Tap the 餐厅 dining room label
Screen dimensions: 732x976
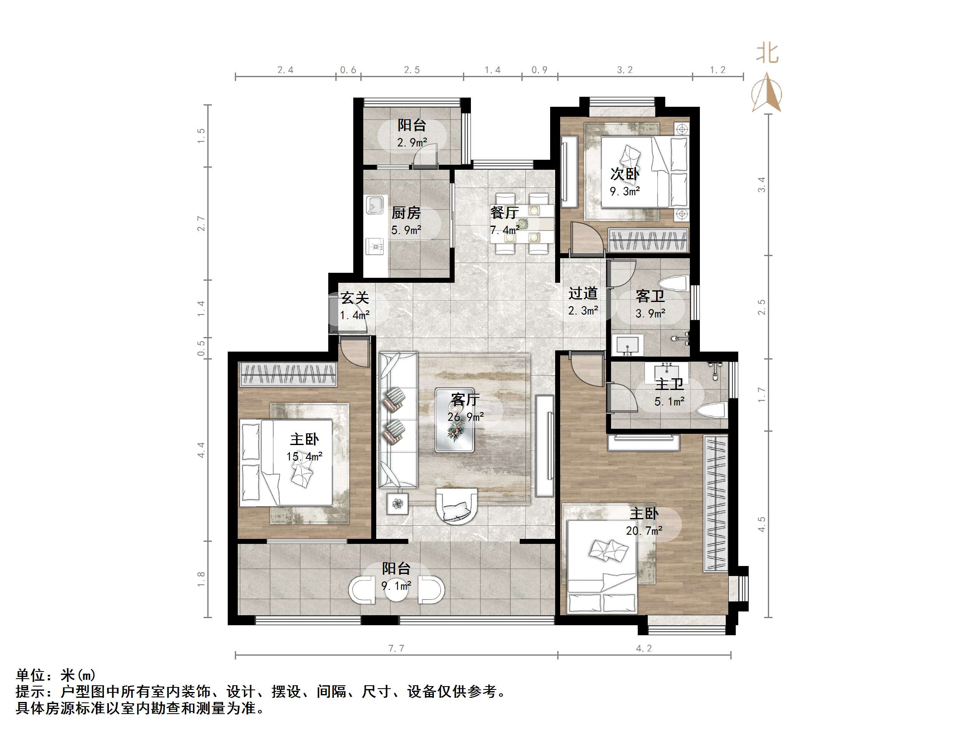[x=504, y=213]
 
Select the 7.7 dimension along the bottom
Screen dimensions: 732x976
[x=396, y=648]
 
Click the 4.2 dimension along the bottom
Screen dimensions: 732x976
[x=644, y=648]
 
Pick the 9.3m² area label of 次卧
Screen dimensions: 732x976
[x=625, y=191]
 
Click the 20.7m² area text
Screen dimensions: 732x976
[x=644, y=531]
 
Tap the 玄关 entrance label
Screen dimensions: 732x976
[x=354, y=298]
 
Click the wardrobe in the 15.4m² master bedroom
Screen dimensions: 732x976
[x=288, y=374]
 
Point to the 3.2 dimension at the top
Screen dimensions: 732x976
[x=624, y=70]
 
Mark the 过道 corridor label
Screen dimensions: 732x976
[x=582, y=293]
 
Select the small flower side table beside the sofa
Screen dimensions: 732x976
[x=397, y=503]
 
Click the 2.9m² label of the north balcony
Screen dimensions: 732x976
[x=412, y=143]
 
